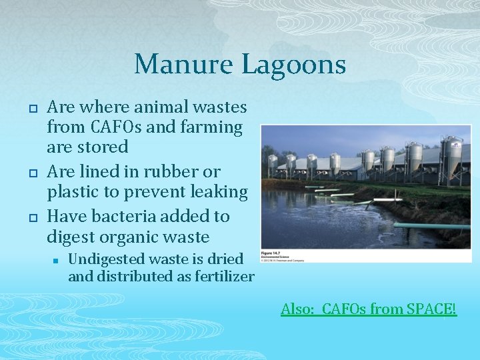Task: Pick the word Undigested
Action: (104, 259)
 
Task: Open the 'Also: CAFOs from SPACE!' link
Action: (369, 309)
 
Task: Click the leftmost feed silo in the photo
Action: (272, 163)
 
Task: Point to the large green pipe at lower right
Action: (433, 226)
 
